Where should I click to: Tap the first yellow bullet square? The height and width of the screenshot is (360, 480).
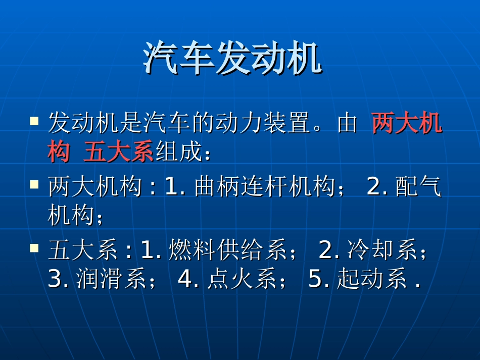(x=34, y=121)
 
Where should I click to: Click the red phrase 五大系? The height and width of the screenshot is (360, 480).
(x=118, y=152)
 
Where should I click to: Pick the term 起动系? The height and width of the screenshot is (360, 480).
(x=372, y=279)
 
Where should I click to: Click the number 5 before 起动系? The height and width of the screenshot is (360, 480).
(x=315, y=279)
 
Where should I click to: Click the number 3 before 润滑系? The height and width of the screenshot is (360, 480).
(x=55, y=279)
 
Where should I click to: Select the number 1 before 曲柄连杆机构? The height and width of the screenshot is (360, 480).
(x=172, y=187)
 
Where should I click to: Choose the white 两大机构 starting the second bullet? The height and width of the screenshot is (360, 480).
(x=94, y=187)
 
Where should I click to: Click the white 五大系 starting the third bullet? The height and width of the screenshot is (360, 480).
(x=83, y=250)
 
